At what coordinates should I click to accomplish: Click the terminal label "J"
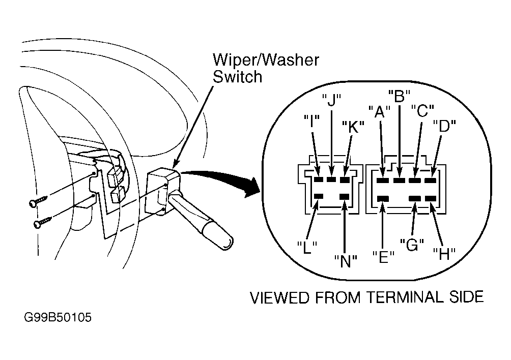tap(331, 100)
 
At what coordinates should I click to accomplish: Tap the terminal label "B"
tap(399, 96)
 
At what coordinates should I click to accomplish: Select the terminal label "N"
tap(346, 261)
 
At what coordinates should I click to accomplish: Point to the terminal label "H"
tap(444, 254)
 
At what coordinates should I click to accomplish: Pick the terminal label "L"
tap(307, 248)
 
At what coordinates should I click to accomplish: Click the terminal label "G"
tap(412, 245)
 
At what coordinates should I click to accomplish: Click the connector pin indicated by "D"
tap(431, 180)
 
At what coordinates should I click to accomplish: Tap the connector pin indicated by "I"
tap(319, 179)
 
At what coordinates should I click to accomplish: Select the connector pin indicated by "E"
tap(383, 198)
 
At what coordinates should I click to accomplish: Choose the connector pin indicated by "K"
tap(345, 179)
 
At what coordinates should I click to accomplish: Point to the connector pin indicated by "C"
tap(415, 180)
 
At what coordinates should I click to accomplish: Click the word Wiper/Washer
tap(266, 60)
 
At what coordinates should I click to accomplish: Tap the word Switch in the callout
tap(238, 77)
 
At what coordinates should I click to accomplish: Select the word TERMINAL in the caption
tap(404, 297)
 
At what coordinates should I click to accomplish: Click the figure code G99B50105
tap(58, 317)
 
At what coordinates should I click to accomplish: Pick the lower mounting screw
tap(42, 223)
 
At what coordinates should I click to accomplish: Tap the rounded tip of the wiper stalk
tap(229, 244)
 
